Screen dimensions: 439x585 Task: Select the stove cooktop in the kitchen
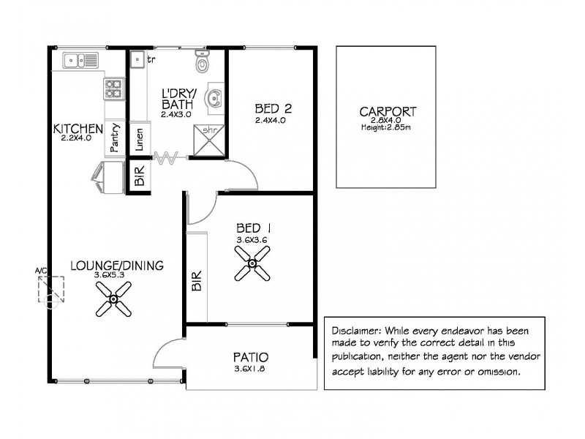[x=113, y=89]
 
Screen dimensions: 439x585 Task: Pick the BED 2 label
[x=273, y=109]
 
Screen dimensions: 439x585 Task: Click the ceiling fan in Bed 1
[x=252, y=263]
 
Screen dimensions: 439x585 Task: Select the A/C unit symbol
[x=51, y=290]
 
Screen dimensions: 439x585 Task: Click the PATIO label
[x=251, y=358]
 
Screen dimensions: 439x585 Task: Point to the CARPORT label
[x=388, y=112]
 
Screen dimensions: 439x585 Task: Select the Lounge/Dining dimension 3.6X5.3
[x=110, y=275]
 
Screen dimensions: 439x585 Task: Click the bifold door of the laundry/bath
[x=168, y=157]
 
